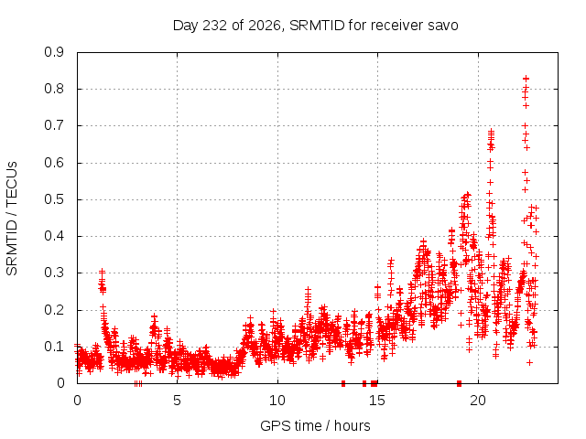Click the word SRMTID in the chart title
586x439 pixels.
(317, 26)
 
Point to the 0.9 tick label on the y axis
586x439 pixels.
(54, 52)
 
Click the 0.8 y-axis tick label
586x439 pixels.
(54, 90)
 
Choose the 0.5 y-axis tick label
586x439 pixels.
(54, 199)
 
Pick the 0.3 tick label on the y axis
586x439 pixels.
(54, 273)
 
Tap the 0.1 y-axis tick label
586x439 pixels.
(54, 347)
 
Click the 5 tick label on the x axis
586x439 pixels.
(177, 401)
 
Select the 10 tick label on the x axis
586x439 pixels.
(277, 401)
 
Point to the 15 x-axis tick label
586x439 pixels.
(377, 401)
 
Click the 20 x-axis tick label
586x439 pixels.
(478, 401)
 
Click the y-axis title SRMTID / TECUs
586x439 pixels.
(12, 219)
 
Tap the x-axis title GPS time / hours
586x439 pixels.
(315, 426)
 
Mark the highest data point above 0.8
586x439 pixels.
(526, 79)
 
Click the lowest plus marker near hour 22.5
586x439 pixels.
(529, 362)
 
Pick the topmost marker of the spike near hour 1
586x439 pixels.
(102, 271)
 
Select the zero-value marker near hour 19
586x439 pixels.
(460, 383)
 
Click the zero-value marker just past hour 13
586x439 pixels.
(343, 383)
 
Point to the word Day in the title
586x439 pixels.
(185, 26)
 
